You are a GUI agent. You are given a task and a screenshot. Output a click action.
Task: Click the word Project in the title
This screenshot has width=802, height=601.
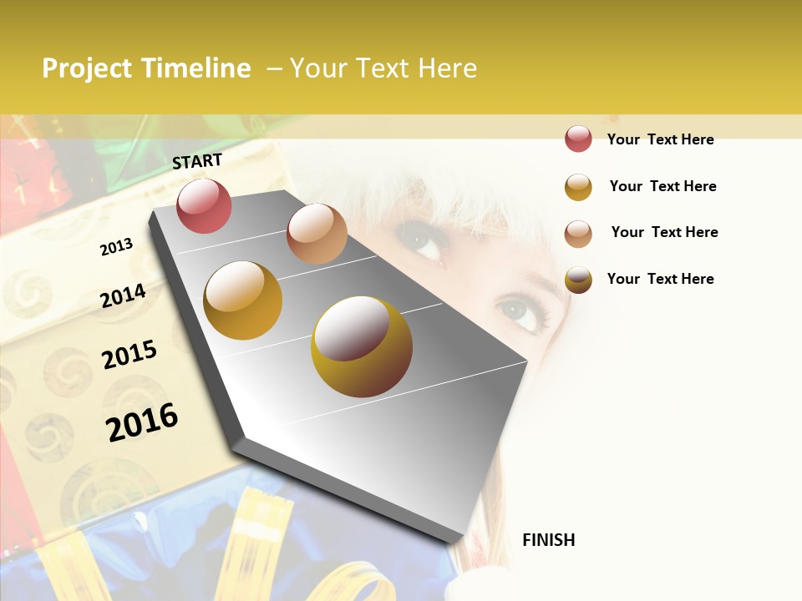(88, 68)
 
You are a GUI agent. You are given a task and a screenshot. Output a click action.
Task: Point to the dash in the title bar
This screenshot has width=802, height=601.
(274, 68)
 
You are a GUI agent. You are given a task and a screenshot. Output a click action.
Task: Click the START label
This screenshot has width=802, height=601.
(197, 161)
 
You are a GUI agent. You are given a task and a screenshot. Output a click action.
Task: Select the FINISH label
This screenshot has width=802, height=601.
(549, 540)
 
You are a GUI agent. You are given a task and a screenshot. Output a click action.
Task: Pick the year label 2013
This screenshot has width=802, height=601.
(117, 247)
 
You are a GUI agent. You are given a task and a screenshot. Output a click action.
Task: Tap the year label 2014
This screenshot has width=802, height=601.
(123, 295)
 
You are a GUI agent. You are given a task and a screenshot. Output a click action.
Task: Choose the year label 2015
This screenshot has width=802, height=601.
(129, 355)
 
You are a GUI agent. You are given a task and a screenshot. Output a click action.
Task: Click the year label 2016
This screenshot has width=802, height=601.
(142, 422)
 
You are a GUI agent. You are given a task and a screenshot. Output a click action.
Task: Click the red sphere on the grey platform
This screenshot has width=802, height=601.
(204, 205)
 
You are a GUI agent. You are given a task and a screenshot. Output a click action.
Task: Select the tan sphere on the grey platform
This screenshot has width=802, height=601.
(317, 234)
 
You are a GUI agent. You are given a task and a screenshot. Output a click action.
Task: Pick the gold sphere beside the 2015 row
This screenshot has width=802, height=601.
(243, 300)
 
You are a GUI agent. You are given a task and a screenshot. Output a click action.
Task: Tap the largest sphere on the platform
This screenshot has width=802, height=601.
(362, 346)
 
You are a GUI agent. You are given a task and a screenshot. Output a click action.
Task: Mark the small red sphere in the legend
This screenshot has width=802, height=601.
(578, 139)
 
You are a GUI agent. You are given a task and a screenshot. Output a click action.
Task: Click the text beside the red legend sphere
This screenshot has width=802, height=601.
(660, 139)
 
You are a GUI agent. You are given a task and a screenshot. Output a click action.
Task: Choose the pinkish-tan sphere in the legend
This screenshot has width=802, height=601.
(578, 233)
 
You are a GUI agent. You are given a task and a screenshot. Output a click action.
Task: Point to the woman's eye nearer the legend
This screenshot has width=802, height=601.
(522, 311)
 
